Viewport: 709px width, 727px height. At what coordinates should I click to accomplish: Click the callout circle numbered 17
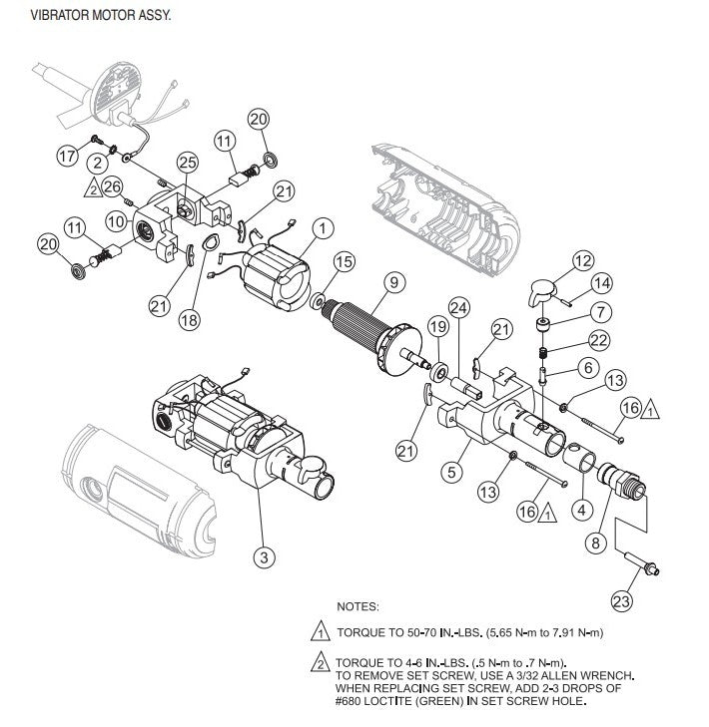click(67, 157)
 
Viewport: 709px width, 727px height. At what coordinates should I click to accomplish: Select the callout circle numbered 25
click(187, 161)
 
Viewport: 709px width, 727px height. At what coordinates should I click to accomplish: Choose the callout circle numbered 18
click(191, 320)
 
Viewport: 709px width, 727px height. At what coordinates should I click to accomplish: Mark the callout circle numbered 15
click(344, 262)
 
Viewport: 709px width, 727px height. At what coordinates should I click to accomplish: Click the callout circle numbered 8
click(595, 543)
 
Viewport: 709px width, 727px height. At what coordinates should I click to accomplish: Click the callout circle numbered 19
click(437, 327)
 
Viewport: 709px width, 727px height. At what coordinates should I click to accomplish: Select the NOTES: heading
click(358, 606)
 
